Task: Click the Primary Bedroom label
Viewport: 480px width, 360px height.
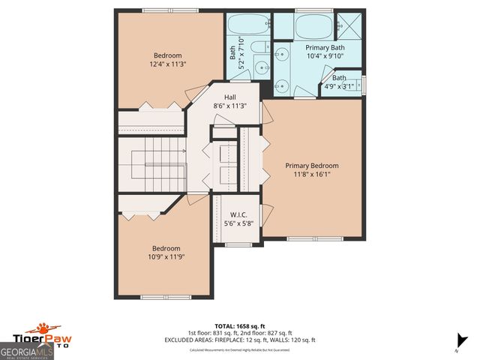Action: pos(311,166)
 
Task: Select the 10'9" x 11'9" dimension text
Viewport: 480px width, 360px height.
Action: pos(166,257)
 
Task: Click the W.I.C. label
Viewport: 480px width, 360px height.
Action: pos(238,214)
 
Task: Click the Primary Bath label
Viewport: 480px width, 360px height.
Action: pos(323,47)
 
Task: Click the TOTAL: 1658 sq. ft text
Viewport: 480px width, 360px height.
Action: pos(240,326)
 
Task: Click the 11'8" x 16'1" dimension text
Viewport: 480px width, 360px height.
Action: pos(311,174)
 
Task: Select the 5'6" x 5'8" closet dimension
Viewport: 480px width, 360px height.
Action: pos(238,223)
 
